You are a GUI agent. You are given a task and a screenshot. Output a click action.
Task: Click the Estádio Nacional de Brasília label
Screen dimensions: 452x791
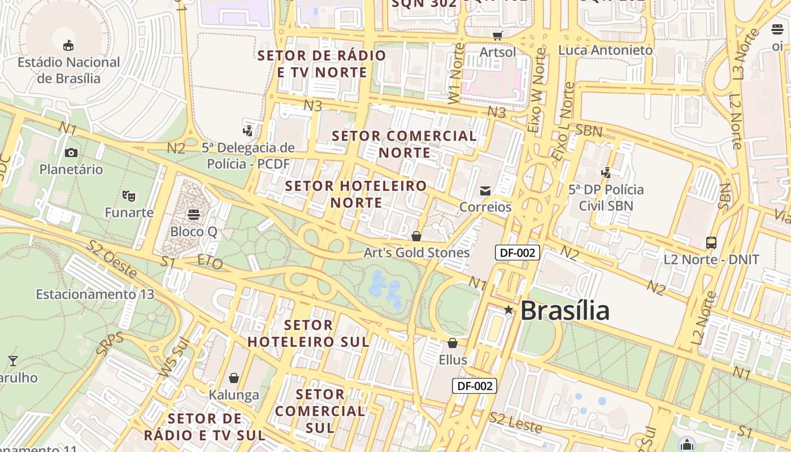pos(69,70)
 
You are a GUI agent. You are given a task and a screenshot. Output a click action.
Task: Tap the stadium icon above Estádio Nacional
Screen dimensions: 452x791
pos(68,45)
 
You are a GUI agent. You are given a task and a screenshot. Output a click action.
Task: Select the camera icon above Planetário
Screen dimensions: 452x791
pos(71,153)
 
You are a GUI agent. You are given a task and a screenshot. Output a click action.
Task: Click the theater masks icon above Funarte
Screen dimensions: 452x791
pos(129,196)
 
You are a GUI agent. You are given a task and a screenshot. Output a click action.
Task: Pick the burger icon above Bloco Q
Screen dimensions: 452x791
pos(193,215)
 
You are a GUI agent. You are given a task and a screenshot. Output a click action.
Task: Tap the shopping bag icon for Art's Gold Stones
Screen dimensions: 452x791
pos(416,236)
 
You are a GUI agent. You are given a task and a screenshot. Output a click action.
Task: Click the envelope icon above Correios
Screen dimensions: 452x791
pos(485,191)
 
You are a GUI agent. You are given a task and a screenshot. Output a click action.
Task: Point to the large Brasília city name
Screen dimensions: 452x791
pos(564,311)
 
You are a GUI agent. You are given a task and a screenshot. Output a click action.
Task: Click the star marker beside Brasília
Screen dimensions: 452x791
pos(508,310)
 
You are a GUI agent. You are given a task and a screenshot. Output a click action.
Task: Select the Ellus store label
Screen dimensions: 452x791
pos(453,360)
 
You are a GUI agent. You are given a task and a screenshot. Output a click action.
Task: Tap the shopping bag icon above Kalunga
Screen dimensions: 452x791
pos(234,378)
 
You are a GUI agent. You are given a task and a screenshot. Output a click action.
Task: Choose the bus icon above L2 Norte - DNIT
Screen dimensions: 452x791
pos(711,243)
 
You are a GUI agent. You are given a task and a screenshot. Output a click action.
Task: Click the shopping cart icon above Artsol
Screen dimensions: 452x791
pos(497,36)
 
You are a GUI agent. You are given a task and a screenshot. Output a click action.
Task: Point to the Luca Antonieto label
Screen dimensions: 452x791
pos(605,50)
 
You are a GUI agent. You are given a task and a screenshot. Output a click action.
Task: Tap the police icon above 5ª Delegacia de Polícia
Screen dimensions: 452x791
pos(247,131)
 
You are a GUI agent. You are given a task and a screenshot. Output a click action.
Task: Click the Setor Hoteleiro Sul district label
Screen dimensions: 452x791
pos(308,333)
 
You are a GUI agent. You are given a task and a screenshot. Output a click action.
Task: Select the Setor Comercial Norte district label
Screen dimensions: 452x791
pos(404,144)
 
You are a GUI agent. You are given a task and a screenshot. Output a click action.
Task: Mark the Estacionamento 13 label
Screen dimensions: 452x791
pos(95,294)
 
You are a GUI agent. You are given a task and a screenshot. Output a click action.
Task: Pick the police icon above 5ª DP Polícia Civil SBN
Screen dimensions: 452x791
pos(606,172)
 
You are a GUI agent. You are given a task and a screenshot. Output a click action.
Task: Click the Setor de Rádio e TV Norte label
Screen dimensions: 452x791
pos(322,64)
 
